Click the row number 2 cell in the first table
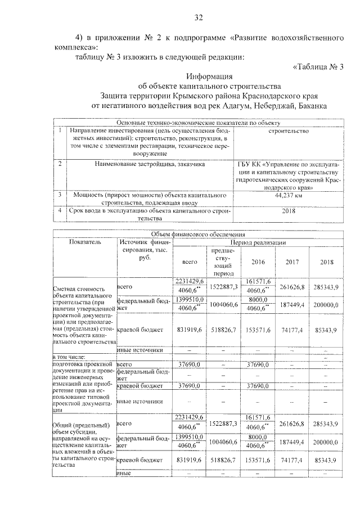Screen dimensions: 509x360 [x=60, y=164]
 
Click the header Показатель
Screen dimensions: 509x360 [x=84, y=242]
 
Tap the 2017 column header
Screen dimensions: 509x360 [x=292, y=262]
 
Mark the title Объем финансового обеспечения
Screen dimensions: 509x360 [x=198, y=235]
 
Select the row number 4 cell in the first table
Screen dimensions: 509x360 [x=60, y=210]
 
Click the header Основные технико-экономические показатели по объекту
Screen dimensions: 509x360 [x=198, y=123]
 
